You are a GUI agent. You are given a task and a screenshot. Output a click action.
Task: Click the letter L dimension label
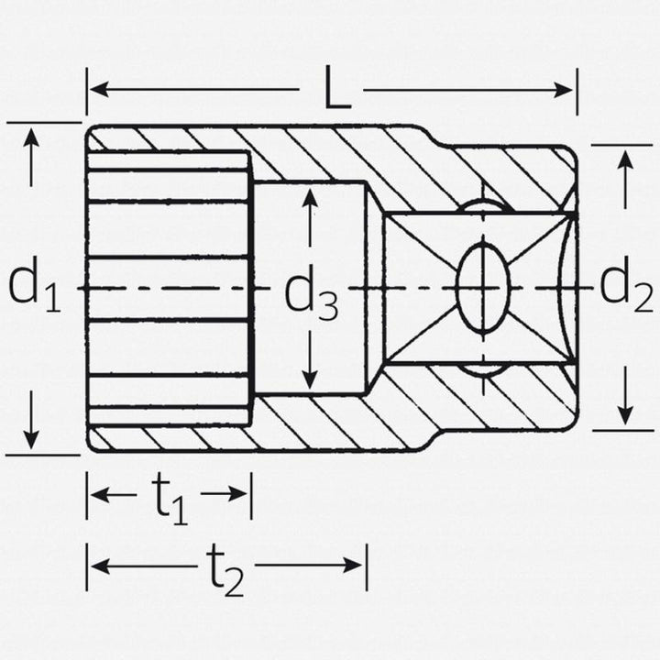(x=337, y=92)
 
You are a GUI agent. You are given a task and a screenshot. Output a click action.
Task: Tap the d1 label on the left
(x=34, y=288)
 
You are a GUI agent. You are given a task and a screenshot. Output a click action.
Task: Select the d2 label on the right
(x=626, y=288)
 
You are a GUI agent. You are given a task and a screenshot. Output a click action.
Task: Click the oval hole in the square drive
(x=482, y=288)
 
